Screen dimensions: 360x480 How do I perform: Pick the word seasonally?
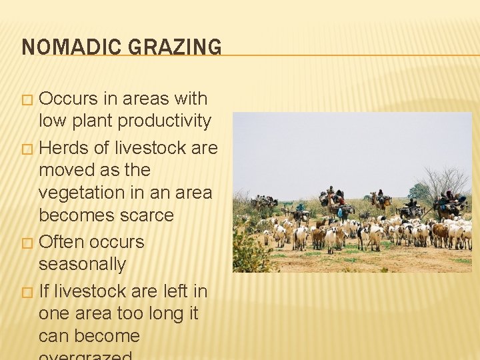click(x=82, y=264)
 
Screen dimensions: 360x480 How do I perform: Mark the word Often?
click(x=62, y=241)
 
